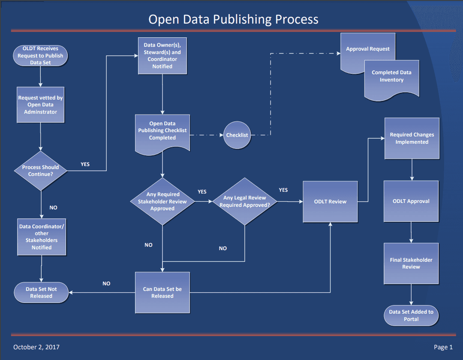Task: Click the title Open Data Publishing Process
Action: [233, 19]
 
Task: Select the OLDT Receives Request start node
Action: [41, 55]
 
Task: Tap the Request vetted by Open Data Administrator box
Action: [41, 105]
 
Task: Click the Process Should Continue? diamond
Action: [41, 170]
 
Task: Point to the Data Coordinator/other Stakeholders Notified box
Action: [41, 237]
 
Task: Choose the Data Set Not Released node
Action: [41, 292]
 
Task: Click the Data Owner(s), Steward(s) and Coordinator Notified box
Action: [162, 56]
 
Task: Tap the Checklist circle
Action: [237, 135]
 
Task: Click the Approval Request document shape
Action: [367, 49]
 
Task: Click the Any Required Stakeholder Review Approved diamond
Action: [162, 201]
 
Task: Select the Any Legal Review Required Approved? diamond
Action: [244, 201]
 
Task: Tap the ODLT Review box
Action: [330, 201]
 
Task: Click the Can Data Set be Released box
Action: [162, 292]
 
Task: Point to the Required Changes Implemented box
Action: [412, 138]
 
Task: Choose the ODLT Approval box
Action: [411, 201]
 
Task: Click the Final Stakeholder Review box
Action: [411, 263]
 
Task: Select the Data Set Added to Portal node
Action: [411, 315]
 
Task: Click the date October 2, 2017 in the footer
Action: [36, 347]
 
